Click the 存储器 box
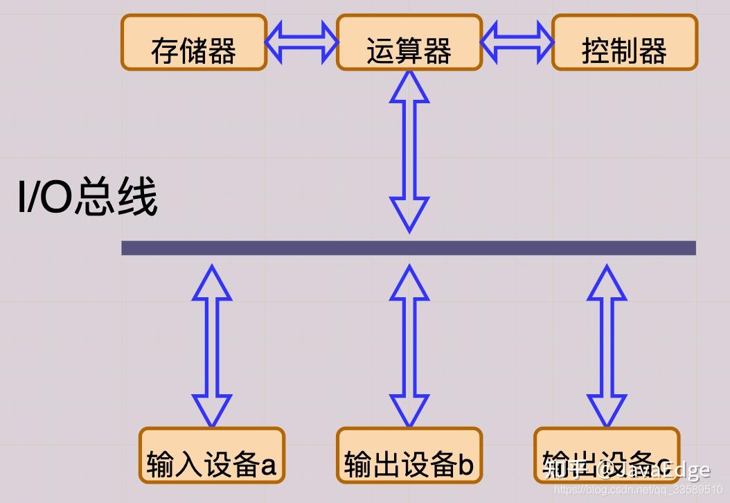pyautogui.click(x=194, y=43)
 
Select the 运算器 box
pyautogui.click(x=409, y=43)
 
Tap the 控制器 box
pyautogui.click(x=625, y=43)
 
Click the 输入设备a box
pyautogui.click(x=212, y=455)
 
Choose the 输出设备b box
pyautogui.click(x=409, y=455)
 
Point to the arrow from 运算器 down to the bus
pyautogui.click(x=409, y=151)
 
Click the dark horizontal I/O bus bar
pyautogui.click(x=409, y=248)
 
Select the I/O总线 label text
pyautogui.click(x=87, y=198)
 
